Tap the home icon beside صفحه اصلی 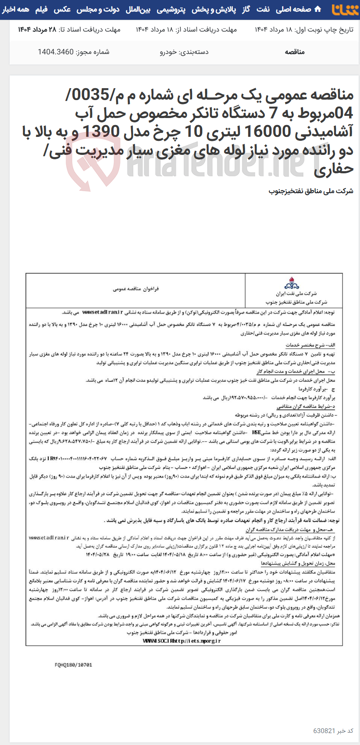coord(318,9)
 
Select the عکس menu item coord(62,9)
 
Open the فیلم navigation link coord(41,9)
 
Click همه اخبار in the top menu coord(16,9)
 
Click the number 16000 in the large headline coord(272,131)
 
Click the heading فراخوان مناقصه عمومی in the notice coord(136,289)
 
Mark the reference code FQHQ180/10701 coord(73,665)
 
